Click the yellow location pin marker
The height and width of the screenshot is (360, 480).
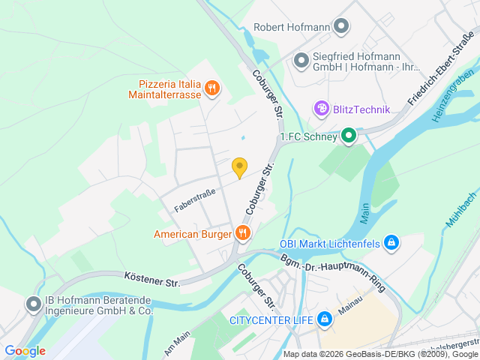click(x=239, y=168)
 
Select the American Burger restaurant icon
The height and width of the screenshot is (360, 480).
click(x=242, y=234)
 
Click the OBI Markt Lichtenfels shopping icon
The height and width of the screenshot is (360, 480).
click(x=390, y=243)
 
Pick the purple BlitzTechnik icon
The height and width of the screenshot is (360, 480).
click(x=322, y=109)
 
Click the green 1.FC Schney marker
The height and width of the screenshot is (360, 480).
click(x=348, y=136)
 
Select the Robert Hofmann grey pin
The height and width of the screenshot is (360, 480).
click(x=341, y=28)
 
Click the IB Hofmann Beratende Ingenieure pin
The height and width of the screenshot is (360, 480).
click(x=33, y=304)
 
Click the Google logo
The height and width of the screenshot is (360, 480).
click(x=25, y=351)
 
